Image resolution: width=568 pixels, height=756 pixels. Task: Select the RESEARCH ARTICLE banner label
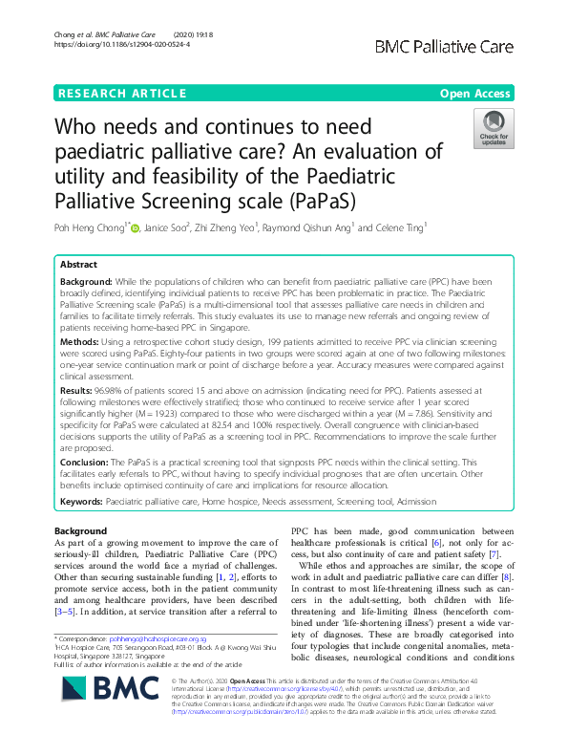click(x=121, y=93)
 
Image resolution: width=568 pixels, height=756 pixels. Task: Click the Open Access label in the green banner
click(x=476, y=93)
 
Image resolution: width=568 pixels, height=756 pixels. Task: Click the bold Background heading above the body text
click(x=81, y=530)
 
